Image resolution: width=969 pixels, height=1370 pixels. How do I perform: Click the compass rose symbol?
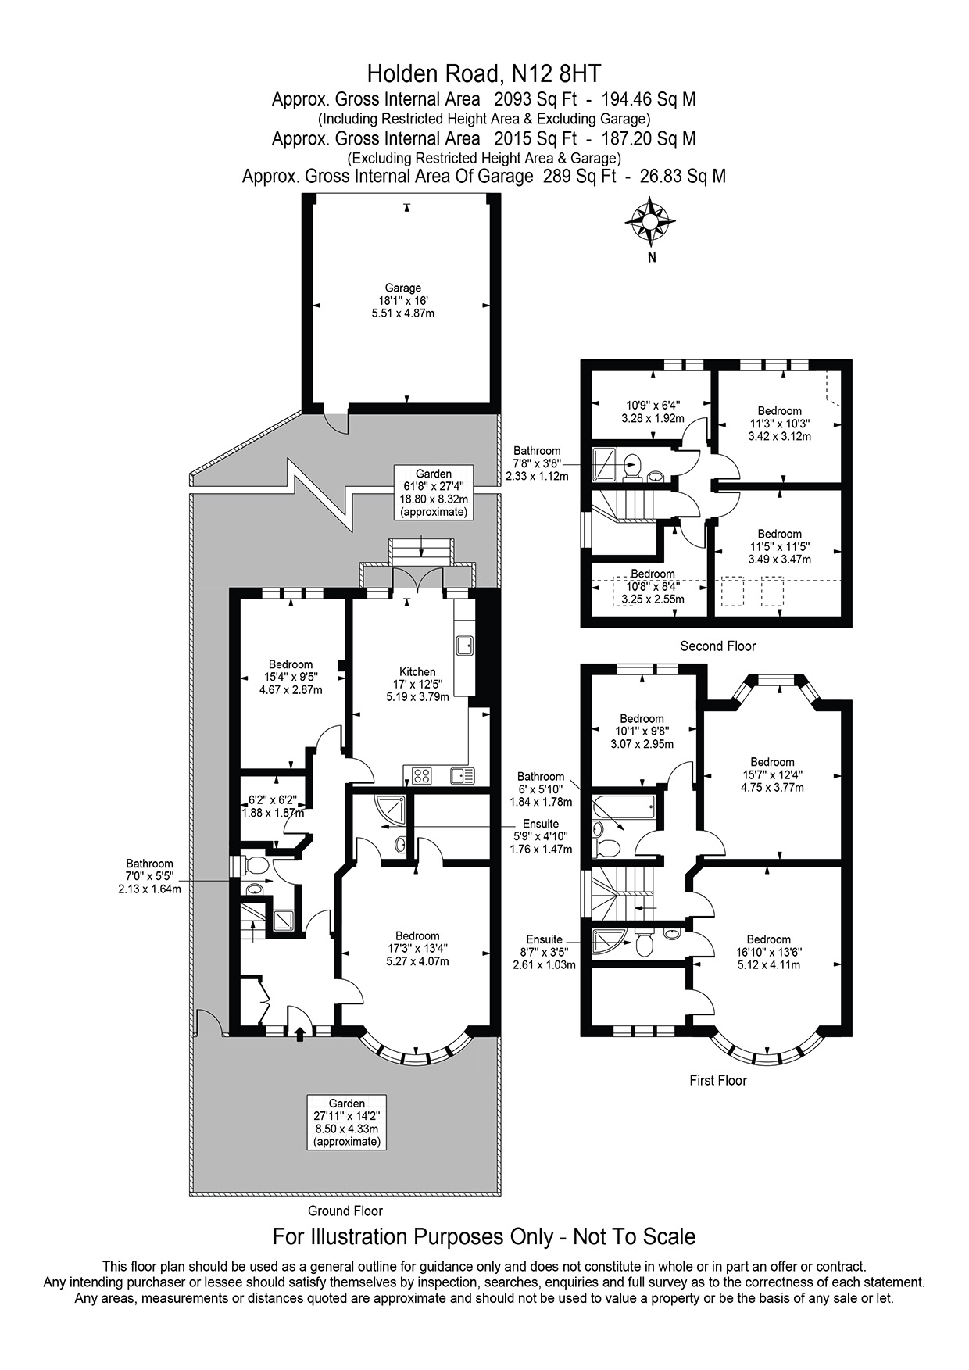pyautogui.click(x=650, y=221)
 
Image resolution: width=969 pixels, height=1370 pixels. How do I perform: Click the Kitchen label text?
pyautogui.click(x=417, y=671)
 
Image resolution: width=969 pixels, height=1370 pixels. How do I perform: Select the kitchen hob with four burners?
pyautogui.click(x=421, y=776)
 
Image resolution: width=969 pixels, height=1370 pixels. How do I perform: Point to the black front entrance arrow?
pyautogui.click(x=300, y=1033)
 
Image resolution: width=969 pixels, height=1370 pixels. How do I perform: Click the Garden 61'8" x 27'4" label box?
pyautogui.click(x=434, y=492)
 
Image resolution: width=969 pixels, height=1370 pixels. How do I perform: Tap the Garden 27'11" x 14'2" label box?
pyautogui.click(x=347, y=1122)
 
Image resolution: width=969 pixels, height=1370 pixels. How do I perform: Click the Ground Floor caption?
pyautogui.click(x=345, y=1211)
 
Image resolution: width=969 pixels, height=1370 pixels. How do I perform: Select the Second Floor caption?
pyautogui.click(x=718, y=646)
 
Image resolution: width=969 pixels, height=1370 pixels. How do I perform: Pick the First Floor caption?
pyautogui.click(x=718, y=1080)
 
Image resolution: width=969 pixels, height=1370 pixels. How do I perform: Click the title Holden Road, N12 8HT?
pyautogui.click(x=484, y=74)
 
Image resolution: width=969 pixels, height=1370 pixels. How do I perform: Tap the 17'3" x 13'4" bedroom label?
pyautogui.click(x=417, y=949)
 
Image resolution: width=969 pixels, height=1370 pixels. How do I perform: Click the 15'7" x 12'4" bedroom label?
pyautogui.click(x=772, y=774)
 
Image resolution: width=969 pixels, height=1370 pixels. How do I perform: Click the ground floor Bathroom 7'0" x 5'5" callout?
pyautogui.click(x=148, y=876)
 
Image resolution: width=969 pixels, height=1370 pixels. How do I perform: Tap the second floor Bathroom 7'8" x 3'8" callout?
pyautogui.click(x=537, y=463)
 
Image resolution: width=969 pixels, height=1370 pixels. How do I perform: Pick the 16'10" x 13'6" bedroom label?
pyautogui.click(x=768, y=952)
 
